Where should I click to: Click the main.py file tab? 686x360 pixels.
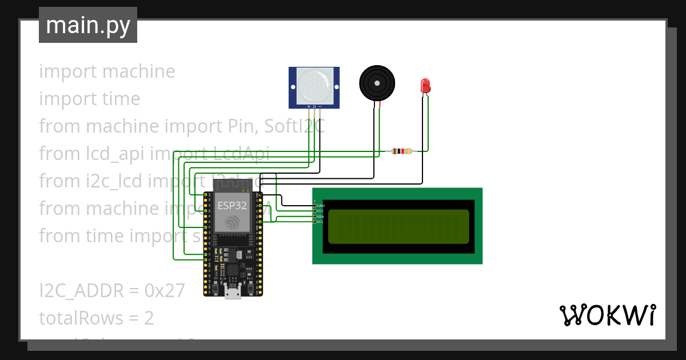87,25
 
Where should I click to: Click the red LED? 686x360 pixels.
425,86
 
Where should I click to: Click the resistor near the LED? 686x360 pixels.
402,151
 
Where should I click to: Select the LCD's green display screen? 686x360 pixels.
398,226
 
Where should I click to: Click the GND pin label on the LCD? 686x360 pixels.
320,206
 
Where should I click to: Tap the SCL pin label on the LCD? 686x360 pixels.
320,222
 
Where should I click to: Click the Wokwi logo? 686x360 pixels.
607,315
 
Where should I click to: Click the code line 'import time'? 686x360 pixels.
90,99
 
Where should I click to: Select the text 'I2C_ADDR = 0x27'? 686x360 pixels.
112,291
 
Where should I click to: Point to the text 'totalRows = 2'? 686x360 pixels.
97,318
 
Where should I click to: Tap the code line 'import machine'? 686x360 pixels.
107,71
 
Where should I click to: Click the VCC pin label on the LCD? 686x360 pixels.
320,211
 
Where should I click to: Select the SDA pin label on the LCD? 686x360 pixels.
320,217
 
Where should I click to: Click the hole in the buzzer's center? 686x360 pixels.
377,83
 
